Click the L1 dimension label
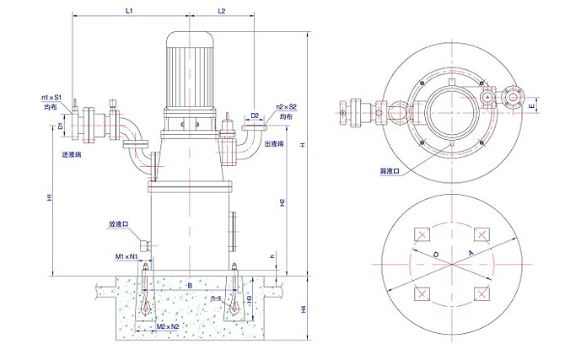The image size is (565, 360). pyautogui.click(x=129, y=10)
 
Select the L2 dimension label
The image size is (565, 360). pyautogui.click(x=221, y=10)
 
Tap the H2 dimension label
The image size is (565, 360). pyautogui.click(x=282, y=202)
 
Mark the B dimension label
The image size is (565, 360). pyautogui.click(x=190, y=287)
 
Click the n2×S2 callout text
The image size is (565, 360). pyautogui.click(x=287, y=107)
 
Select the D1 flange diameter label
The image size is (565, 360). pyautogui.click(x=61, y=126)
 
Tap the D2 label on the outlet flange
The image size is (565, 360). pyautogui.click(x=255, y=115)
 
